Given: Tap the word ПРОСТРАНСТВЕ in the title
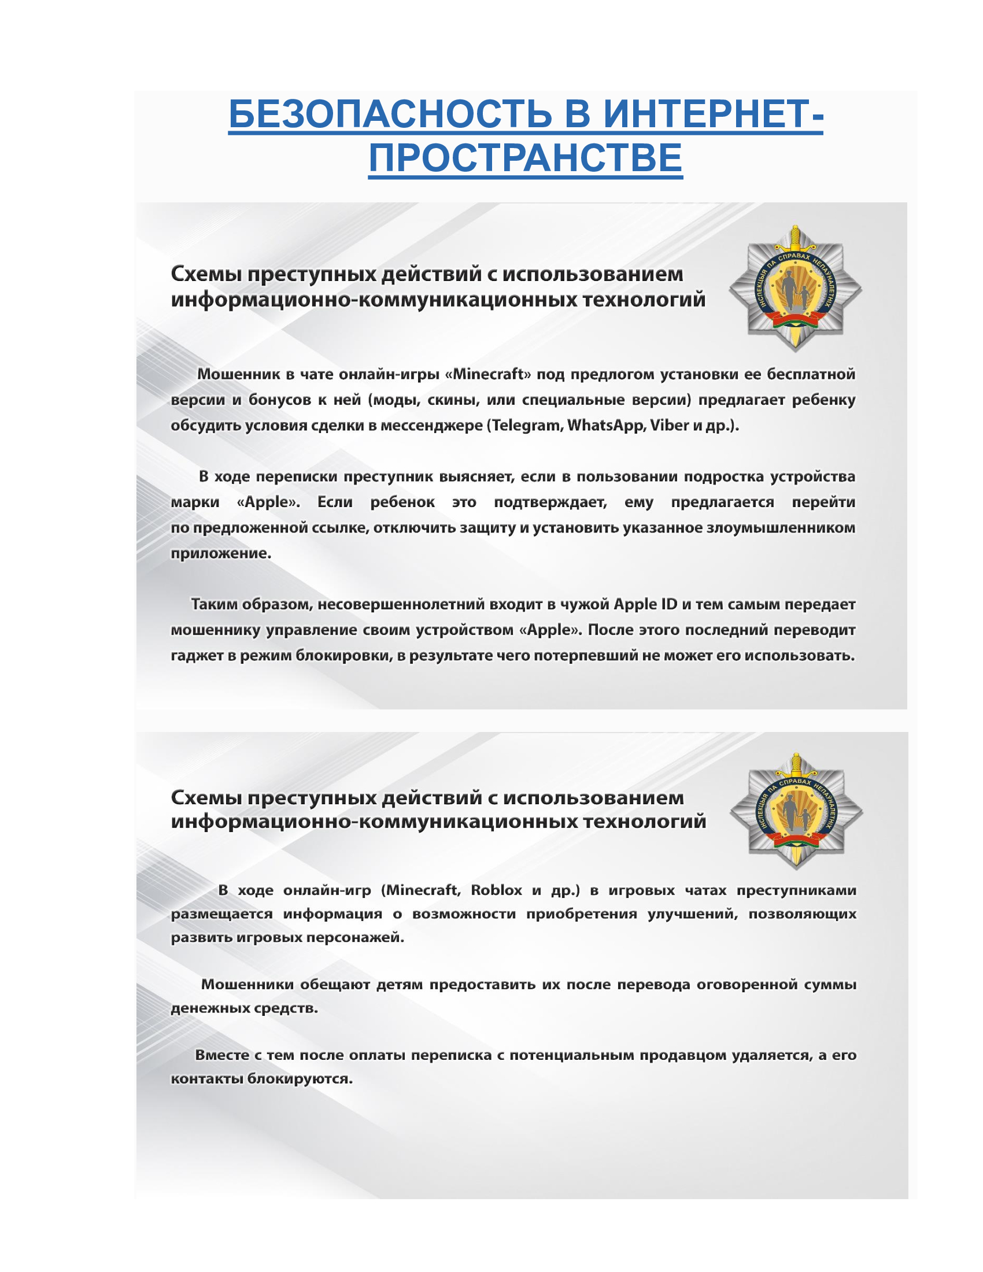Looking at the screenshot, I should tap(525, 158).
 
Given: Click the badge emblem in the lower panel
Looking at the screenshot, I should tap(796, 811).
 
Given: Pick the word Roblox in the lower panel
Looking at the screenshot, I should tap(496, 890).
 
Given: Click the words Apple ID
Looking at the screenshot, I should tap(645, 604).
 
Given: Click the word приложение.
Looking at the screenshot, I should tap(221, 553).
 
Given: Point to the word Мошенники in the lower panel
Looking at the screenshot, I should tap(247, 984).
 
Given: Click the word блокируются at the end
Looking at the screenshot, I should tap(300, 1079).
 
